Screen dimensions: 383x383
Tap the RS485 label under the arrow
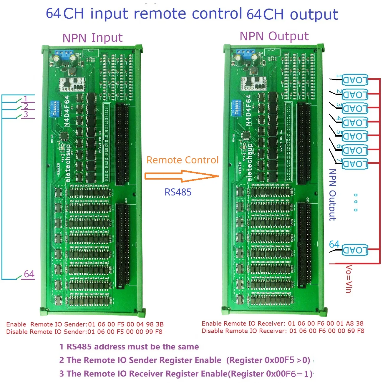point(178,192)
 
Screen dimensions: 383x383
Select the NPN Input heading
point(92,38)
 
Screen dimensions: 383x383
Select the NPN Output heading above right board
point(274,36)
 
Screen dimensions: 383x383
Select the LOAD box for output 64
point(355,250)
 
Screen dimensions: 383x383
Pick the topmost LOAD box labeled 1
point(355,80)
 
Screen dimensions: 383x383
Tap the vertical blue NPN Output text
point(332,195)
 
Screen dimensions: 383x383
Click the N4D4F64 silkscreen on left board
point(67,111)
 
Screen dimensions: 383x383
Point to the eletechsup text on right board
point(250,162)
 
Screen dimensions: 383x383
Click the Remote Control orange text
point(183,160)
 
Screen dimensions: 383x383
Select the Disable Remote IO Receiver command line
point(283,331)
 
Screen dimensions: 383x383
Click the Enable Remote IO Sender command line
point(85,324)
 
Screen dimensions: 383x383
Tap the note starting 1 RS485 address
point(129,347)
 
